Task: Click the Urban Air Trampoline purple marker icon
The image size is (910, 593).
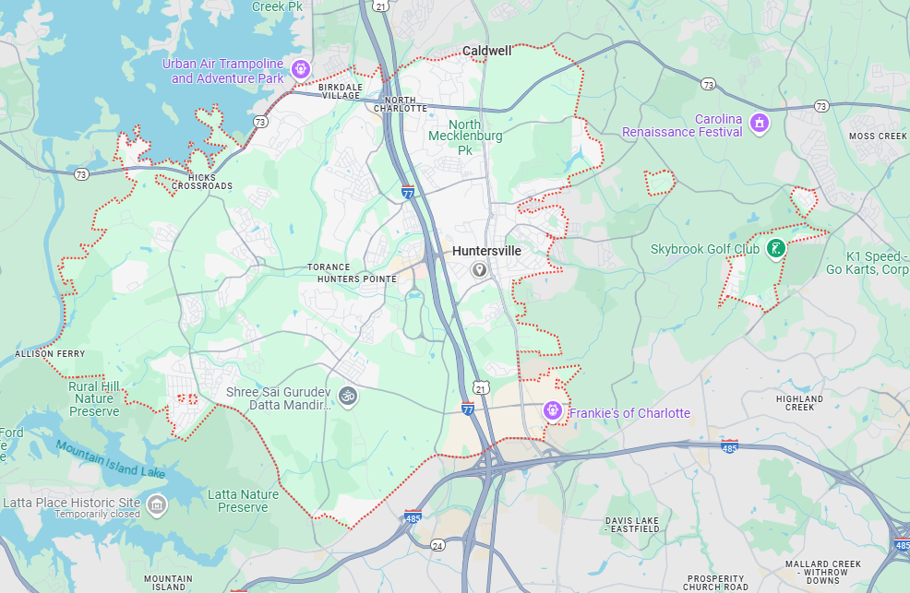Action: (x=300, y=68)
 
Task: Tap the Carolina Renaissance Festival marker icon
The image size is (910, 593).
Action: (x=760, y=123)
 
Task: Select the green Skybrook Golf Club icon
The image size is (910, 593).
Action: (x=777, y=247)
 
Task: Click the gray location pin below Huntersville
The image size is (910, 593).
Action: (x=479, y=269)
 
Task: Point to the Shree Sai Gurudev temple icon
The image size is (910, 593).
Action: (x=348, y=396)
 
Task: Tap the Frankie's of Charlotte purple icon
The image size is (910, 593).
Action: (x=553, y=410)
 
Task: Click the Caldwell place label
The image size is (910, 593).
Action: (x=486, y=51)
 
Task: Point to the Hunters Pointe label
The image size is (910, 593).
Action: (x=350, y=279)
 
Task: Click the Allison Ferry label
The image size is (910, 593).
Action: (x=50, y=354)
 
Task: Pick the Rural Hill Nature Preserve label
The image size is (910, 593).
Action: (x=94, y=399)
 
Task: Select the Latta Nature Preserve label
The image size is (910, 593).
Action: (x=243, y=501)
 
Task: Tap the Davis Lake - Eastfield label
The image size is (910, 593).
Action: (x=632, y=526)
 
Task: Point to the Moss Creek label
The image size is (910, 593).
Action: (x=878, y=136)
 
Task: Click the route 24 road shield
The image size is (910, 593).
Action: (x=437, y=545)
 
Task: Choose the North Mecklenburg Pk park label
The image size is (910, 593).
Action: (x=465, y=136)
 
